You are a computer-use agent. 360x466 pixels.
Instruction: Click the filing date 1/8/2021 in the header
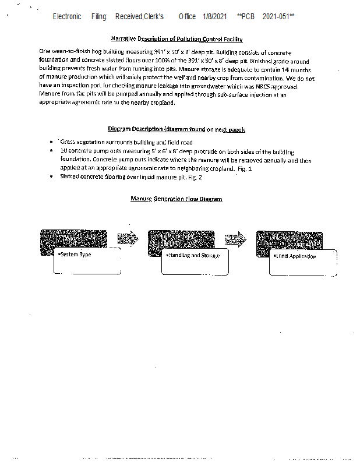(x=215, y=16)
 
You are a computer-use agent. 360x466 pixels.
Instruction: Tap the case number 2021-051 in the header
(x=278, y=16)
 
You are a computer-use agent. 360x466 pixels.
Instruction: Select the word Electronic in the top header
(x=67, y=16)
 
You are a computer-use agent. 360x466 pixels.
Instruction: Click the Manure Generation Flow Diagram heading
(x=177, y=199)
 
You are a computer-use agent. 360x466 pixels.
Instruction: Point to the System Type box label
(x=75, y=255)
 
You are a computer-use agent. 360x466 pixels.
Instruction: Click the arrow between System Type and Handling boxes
(x=128, y=239)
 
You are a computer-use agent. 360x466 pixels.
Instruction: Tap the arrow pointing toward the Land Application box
(x=235, y=239)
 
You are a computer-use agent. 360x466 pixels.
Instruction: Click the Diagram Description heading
(x=177, y=129)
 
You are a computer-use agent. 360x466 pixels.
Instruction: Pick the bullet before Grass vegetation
(x=52, y=142)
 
